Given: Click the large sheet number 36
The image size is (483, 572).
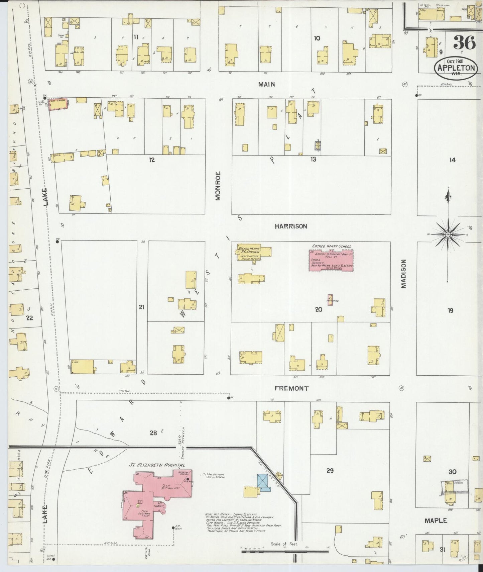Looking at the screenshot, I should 464,43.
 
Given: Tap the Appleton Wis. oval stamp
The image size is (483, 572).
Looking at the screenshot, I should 456,68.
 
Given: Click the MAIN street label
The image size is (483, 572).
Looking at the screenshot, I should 266,84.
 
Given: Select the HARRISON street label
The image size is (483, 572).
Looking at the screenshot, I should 290,226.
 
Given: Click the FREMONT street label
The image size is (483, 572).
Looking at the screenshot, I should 291,388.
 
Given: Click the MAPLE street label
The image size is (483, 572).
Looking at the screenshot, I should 436,520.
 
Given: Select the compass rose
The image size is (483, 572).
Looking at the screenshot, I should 448,235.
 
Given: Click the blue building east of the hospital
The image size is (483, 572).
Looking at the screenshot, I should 263,482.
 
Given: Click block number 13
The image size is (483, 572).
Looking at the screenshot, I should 313,160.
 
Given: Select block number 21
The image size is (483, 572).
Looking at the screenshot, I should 141,307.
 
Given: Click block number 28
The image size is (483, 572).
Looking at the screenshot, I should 153,433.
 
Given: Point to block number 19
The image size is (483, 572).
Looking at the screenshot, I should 450,310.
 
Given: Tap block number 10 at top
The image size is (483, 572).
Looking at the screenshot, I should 317,38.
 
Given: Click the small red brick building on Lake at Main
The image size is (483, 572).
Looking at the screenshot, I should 58,104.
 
